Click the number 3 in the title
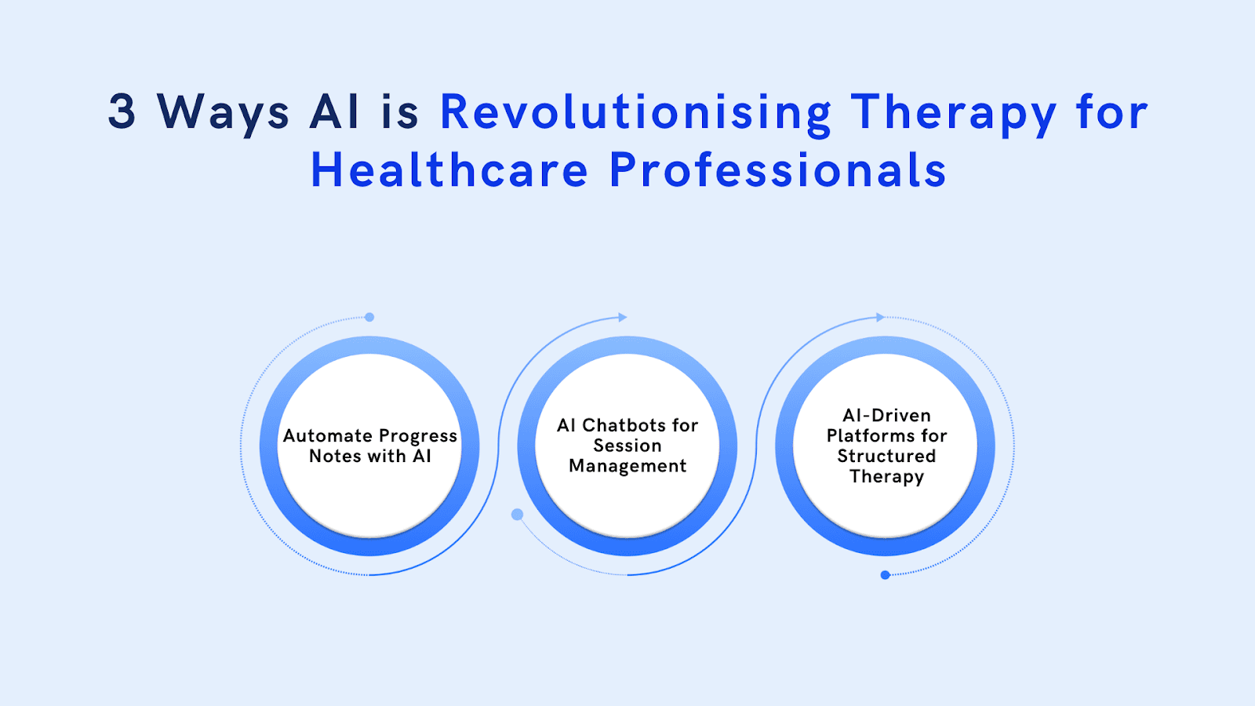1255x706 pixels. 122,111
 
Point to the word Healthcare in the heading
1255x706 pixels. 449,170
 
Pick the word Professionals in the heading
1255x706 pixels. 777,170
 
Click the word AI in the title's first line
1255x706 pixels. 335,111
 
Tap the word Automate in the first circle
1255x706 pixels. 327,435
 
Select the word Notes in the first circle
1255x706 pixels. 335,456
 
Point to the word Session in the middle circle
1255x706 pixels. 627,446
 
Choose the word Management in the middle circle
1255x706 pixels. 627,466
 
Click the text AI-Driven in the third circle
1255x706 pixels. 886,415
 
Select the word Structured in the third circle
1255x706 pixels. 886,456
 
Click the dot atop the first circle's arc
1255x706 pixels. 369,317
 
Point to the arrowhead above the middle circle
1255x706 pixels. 623,317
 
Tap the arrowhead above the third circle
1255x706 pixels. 880,317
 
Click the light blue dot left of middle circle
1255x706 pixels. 517,515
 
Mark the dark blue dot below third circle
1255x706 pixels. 885,575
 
